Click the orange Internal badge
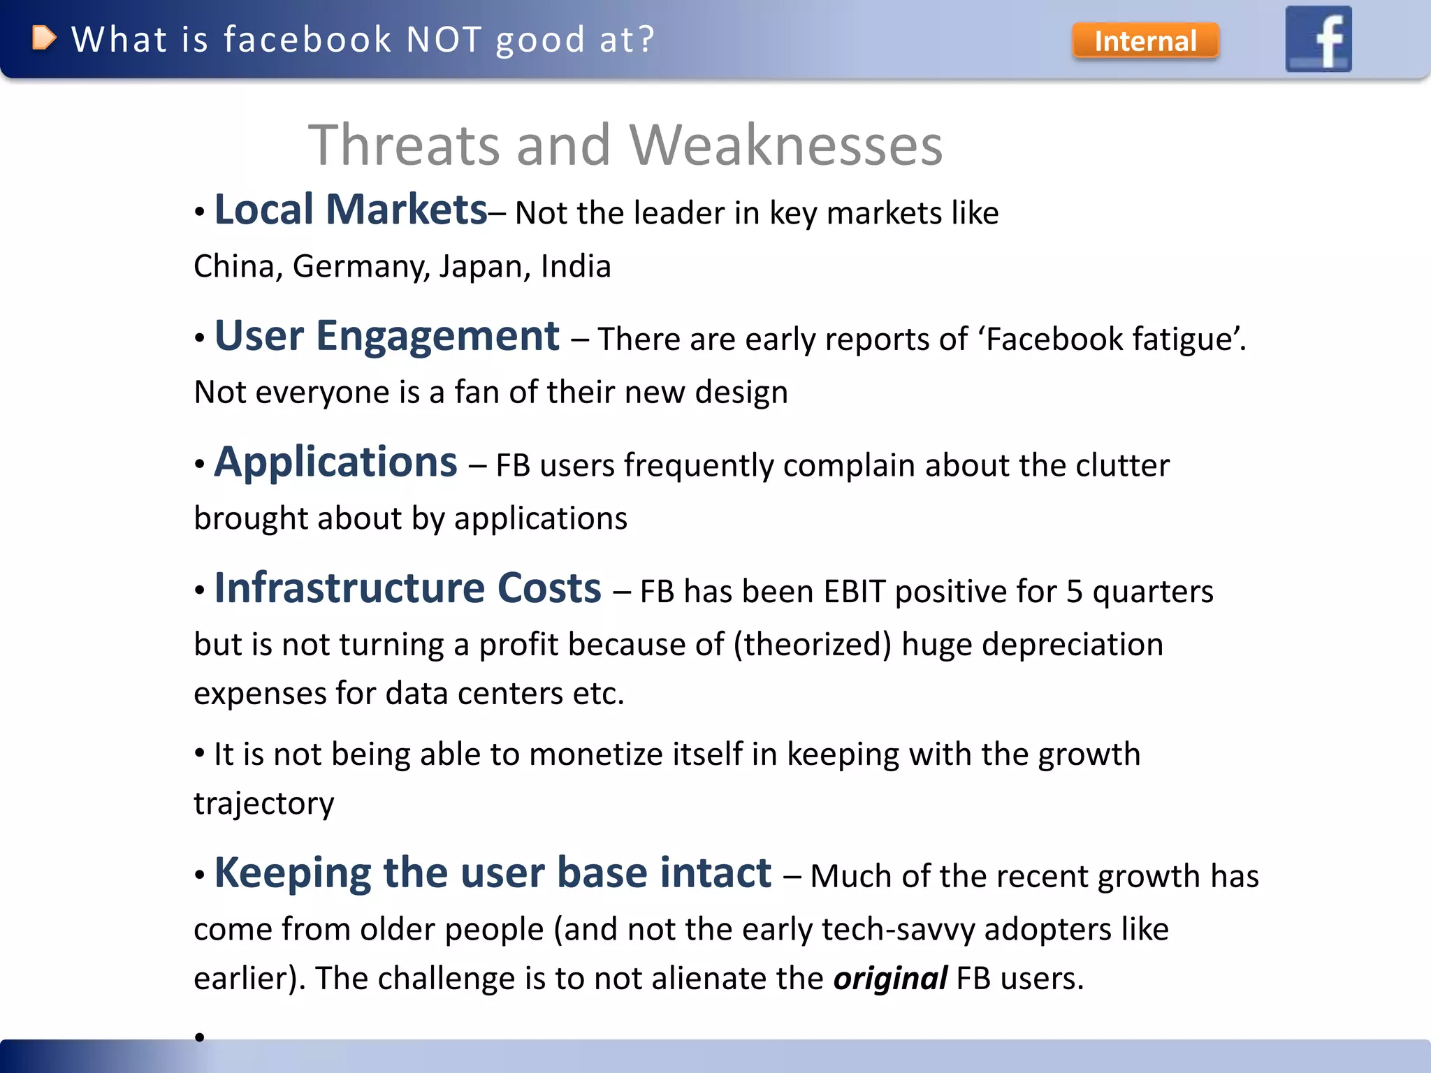(1145, 41)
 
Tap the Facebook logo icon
(1319, 39)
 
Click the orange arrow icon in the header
(43, 38)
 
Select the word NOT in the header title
(444, 40)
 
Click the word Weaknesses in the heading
(786, 145)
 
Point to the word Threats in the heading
(405, 145)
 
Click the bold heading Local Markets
(350, 210)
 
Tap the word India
(576, 267)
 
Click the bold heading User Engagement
(386, 336)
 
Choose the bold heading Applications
(335, 462)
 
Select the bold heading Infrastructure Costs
(407, 588)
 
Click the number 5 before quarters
(1074, 592)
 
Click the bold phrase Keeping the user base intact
(493, 873)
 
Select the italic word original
(890, 979)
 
